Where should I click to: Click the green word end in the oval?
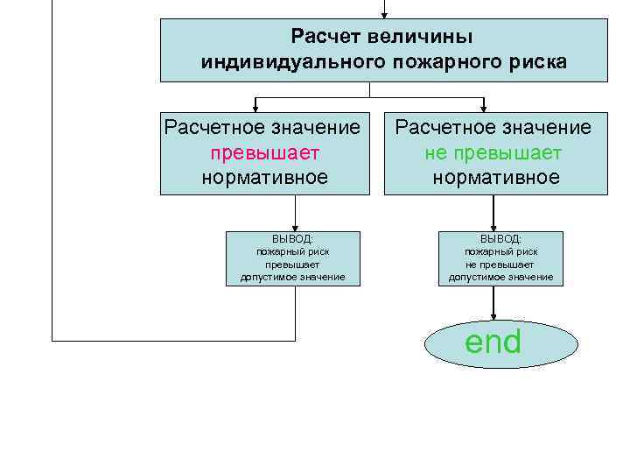point(493,342)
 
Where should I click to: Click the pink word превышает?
point(265,152)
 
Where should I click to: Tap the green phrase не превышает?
point(493,152)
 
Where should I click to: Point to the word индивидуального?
point(288,62)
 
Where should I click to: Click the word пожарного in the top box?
point(437,62)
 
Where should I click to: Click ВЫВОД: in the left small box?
point(292,238)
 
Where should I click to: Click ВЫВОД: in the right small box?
point(500,238)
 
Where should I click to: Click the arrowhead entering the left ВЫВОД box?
point(295,226)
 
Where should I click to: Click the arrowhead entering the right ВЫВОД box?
point(494,226)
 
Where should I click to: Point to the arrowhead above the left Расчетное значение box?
point(255,106)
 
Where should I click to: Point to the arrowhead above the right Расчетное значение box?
point(484,106)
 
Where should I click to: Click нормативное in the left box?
point(264,177)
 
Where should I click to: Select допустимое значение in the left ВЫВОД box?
point(292,277)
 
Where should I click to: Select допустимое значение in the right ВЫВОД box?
point(500,277)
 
